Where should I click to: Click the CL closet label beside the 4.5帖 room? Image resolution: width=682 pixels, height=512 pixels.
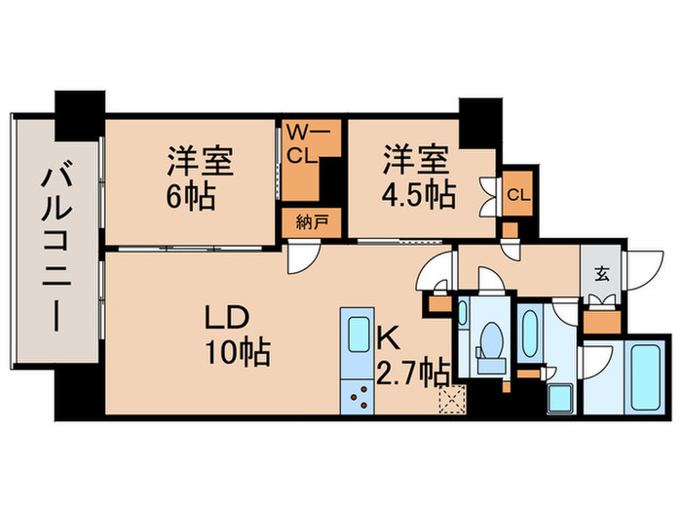(x=518, y=193)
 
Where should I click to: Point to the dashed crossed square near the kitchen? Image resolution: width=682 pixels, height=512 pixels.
(x=452, y=398)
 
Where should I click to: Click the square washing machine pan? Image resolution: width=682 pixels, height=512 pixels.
(x=562, y=399)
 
